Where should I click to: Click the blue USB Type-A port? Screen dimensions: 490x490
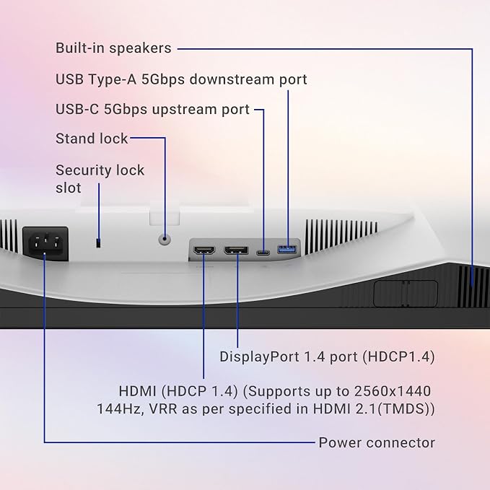tap(287, 250)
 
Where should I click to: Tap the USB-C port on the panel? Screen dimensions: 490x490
tap(263, 252)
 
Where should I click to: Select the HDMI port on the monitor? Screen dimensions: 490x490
tap(204, 250)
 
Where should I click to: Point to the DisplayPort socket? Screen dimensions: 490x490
tap(237, 250)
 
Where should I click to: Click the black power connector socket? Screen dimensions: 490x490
tap(45, 243)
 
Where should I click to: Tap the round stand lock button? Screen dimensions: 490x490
tap(165, 240)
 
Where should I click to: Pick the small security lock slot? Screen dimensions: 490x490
tap(98, 243)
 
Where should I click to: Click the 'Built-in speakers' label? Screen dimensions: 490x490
tap(113, 48)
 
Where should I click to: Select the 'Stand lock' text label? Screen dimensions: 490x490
tap(92, 139)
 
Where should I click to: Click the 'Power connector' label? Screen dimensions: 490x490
tap(377, 442)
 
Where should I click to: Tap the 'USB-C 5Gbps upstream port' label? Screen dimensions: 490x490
tap(152, 110)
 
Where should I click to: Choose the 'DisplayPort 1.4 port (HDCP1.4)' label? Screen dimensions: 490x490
tap(327, 356)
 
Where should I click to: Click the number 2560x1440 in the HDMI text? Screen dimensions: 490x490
tap(393, 391)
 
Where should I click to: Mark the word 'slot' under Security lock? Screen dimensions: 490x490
tap(68, 188)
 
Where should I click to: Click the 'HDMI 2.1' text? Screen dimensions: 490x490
tap(345, 408)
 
